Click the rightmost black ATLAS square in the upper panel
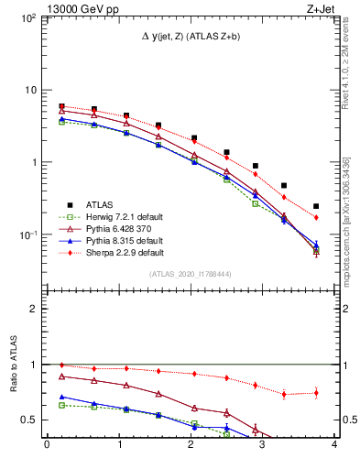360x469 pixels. (316, 206)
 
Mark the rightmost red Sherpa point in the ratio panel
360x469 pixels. (316, 393)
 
